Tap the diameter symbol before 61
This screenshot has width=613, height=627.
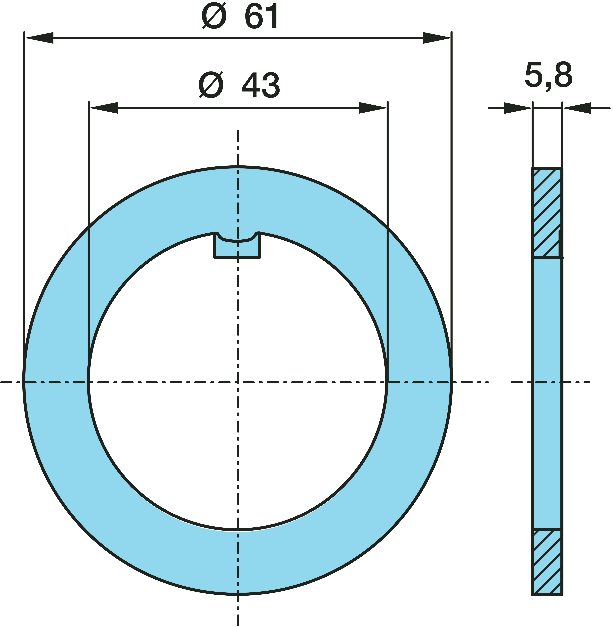pyautogui.click(x=214, y=16)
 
